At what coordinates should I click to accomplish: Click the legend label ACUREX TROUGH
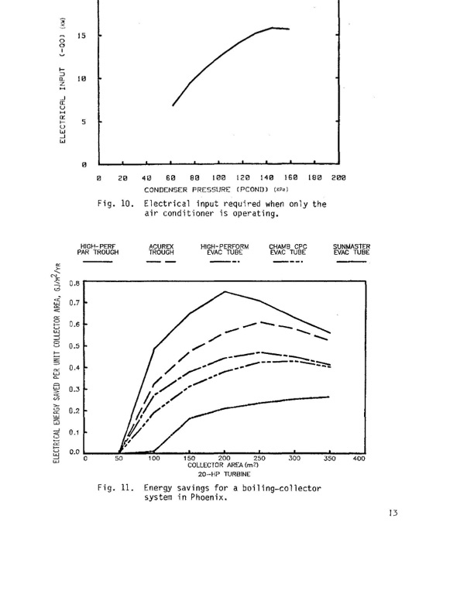coord(161,249)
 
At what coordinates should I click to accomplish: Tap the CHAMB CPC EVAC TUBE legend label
coord(287,249)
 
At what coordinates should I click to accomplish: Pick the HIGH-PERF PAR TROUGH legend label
coord(98,249)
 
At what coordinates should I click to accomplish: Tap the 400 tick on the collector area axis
coord(359,459)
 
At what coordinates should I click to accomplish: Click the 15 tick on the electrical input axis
coord(80,36)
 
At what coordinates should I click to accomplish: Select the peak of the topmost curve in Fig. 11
coord(225,291)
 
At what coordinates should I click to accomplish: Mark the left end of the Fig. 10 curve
coord(173,105)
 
